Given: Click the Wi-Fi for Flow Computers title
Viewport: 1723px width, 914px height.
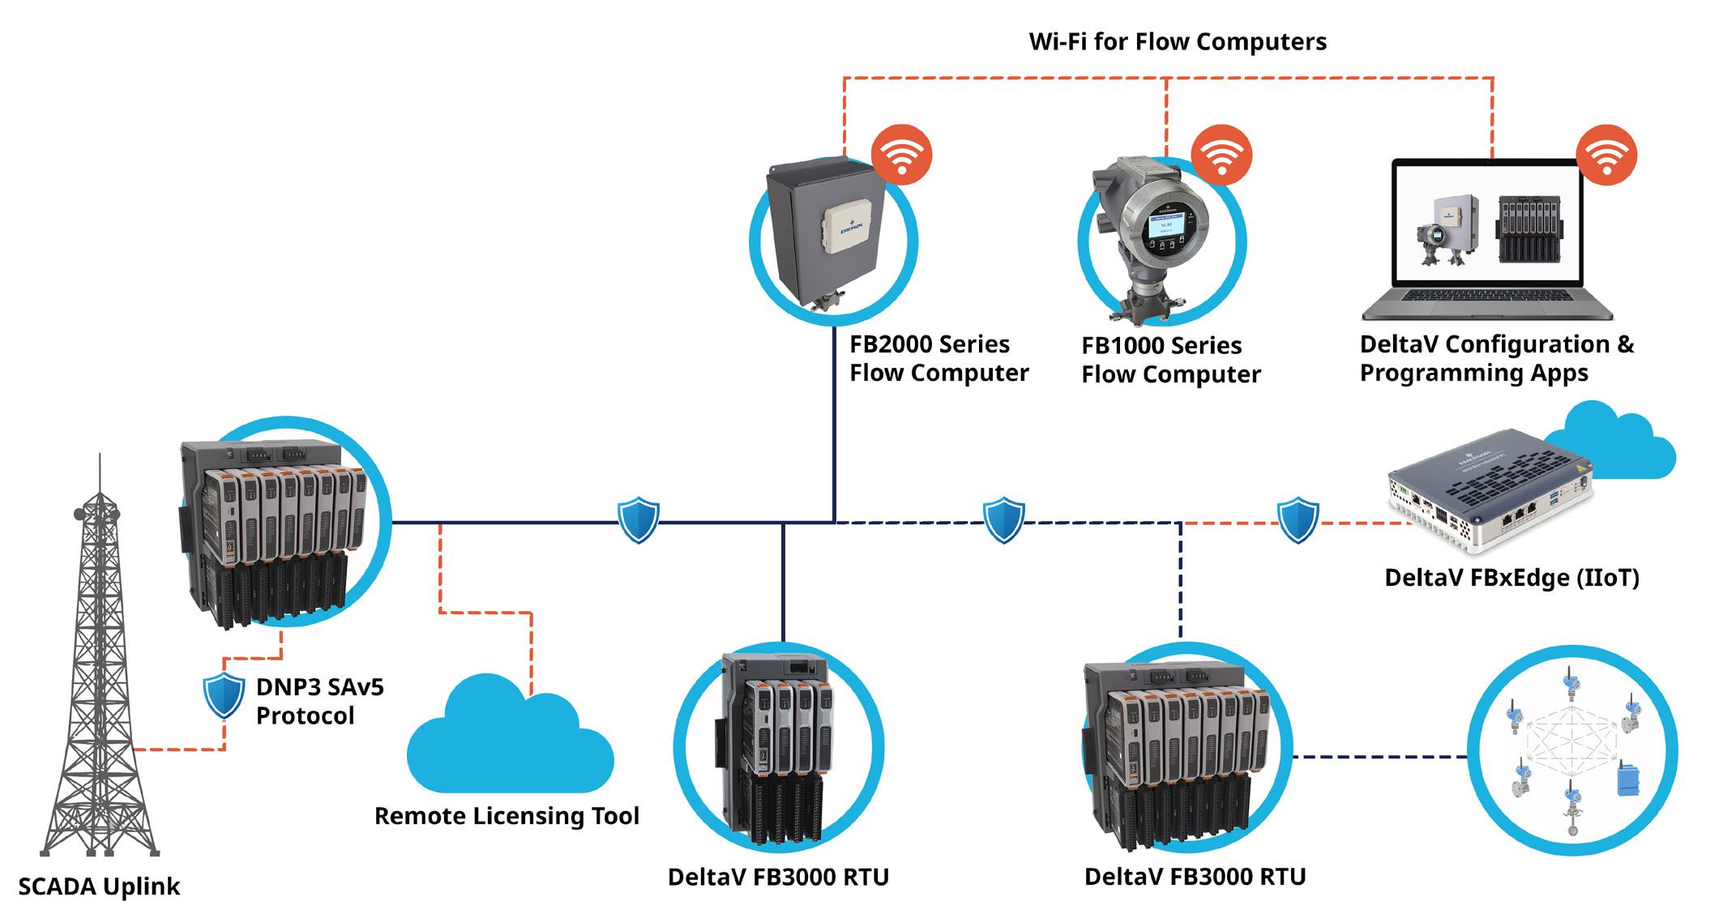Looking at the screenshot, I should [x=1177, y=41].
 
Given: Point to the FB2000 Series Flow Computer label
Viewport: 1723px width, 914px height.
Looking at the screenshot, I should [x=938, y=359].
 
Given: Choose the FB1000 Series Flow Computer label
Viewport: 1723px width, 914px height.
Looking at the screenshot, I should [x=1170, y=361].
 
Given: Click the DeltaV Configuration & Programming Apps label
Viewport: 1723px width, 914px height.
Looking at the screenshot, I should [x=1496, y=358].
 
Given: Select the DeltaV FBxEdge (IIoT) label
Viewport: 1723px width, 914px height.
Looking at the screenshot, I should [x=1511, y=578].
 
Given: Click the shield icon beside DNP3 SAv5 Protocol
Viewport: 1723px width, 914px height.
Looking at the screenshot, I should [x=224, y=695].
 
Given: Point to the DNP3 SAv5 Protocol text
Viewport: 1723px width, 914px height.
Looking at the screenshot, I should [x=319, y=702].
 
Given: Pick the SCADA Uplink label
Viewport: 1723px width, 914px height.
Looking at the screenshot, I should [x=99, y=886].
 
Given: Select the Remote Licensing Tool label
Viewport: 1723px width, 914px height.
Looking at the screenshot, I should [x=507, y=816].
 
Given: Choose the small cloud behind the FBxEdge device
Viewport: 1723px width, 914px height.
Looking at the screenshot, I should [x=1613, y=446].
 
